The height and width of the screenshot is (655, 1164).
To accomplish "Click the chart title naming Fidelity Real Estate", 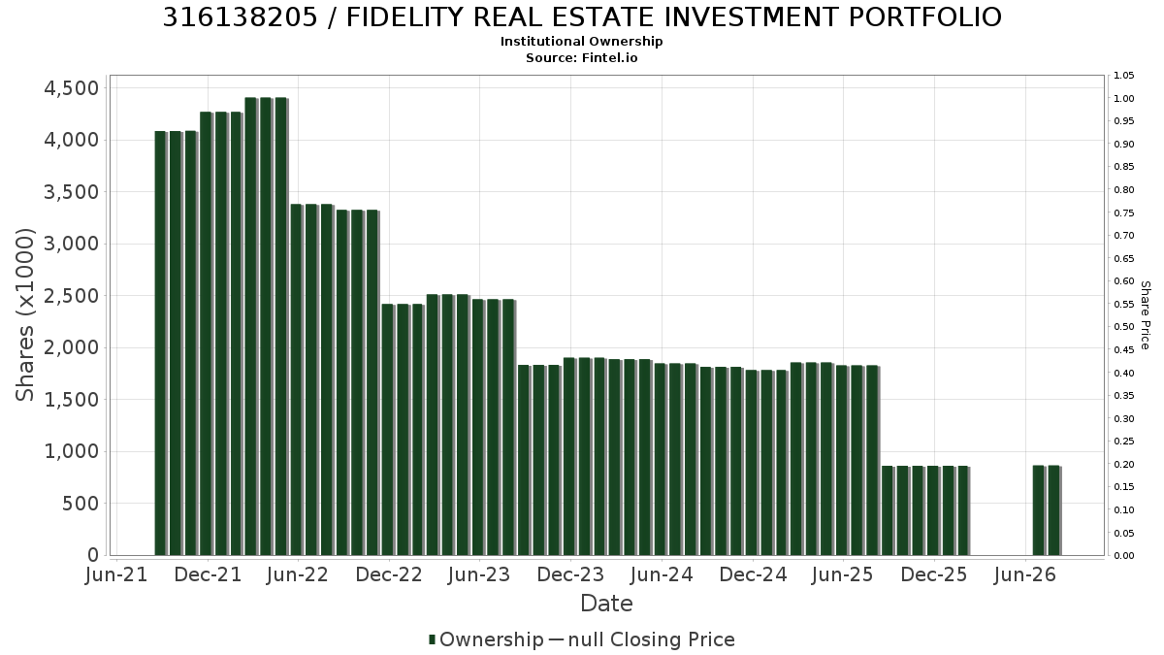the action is click(x=582, y=17).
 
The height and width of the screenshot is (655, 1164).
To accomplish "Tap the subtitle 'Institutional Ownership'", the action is click(x=581, y=42).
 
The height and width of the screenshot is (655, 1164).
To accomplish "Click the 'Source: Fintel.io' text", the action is click(x=581, y=57).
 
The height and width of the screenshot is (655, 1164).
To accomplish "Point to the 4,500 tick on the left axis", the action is click(x=71, y=88).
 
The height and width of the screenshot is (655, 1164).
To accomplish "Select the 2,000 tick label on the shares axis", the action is click(x=71, y=347).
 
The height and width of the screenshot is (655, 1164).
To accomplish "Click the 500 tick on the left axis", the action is click(x=81, y=504).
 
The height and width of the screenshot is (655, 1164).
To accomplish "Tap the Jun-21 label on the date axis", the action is click(x=116, y=574).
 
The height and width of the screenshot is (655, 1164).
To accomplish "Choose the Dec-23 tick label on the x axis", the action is click(x=570, y=574).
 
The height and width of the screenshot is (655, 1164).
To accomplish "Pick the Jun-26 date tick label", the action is click(x=1024, y=574).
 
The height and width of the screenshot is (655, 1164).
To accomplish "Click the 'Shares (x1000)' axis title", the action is click(x=24, y=315).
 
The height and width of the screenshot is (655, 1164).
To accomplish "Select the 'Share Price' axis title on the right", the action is click(x=1145, y=315).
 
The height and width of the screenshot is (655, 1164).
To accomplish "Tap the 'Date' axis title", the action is click(x=606, y=604).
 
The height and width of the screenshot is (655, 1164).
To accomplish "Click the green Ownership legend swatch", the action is click(x=432, y=639).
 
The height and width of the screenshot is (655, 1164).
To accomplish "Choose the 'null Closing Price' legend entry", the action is click(x=652, y=639).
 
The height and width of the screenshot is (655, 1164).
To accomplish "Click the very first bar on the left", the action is click(x=160, y=344).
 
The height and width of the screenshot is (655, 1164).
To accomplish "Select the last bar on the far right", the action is click(x=1053, y=510).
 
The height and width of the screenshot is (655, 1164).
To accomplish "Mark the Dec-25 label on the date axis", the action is click(x=934, y=574).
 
